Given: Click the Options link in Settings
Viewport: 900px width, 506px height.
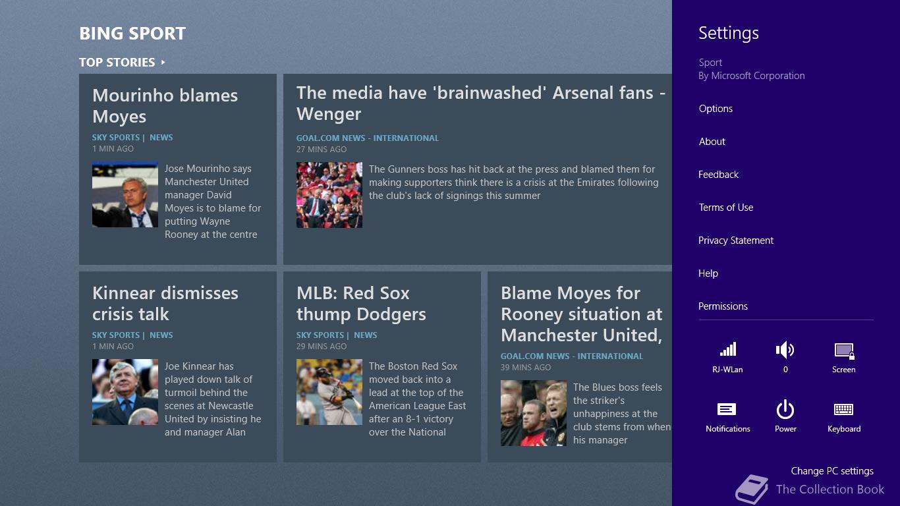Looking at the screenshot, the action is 716,109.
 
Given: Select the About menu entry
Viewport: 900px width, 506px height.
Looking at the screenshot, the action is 712,142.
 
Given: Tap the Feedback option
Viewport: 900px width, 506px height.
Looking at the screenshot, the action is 718,175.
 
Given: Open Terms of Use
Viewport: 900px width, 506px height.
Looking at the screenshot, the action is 726,208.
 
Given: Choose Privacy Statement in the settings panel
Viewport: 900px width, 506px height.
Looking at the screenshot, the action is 736,240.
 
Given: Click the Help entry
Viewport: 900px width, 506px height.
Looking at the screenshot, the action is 708,273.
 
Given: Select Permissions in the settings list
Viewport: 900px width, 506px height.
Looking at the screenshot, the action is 723,306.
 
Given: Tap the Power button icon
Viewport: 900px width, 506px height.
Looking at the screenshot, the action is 785,410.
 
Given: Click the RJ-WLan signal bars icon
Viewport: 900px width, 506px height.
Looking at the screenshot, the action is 727,349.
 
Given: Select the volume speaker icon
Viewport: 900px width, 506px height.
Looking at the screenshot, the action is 785,350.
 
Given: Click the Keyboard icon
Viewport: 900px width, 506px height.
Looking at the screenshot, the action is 843,410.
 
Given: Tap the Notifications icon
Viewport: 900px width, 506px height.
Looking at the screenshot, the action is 727,409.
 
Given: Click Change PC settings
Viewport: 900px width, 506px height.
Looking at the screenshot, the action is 832,471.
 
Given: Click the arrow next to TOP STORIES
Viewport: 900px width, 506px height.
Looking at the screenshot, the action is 163,63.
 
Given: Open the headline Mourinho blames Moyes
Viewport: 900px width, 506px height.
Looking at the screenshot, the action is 165,106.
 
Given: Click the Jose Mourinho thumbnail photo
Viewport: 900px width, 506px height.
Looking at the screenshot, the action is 125,194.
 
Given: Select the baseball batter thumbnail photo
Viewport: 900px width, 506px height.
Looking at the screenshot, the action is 329,392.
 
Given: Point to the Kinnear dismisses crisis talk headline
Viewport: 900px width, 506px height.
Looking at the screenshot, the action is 165,304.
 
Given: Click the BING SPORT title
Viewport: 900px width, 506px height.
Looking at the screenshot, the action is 132,34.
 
